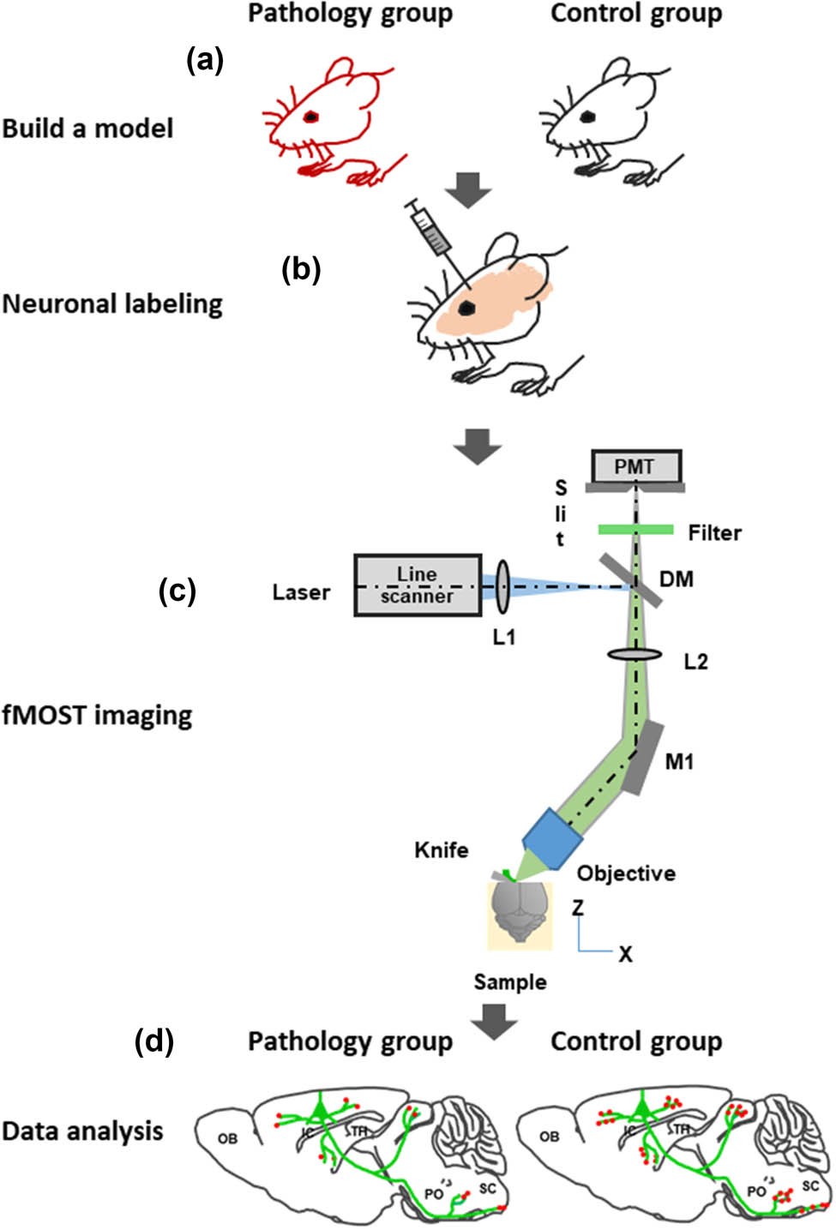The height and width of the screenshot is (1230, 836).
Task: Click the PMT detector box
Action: (x=635, y=467)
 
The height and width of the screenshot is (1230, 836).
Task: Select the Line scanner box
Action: (x=418, y=585)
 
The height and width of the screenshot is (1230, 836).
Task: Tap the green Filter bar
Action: (x=635, y=531)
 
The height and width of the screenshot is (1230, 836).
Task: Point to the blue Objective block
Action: (x=550, y=838)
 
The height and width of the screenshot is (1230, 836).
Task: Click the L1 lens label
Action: (x=504, y=637)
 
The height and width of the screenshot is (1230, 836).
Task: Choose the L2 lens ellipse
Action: (x=635, y=655)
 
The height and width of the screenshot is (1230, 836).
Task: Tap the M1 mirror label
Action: (x=680, y=761)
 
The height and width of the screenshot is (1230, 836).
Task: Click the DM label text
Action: (x=677, y=579)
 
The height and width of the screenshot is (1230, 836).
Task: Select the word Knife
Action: (x=442, y=850)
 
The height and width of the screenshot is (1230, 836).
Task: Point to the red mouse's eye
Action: (x=310, y=116)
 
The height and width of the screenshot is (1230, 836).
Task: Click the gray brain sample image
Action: (x=520, y=914)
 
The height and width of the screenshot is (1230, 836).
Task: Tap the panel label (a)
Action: (x=205, y=60)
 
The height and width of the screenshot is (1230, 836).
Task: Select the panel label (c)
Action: (x=177, y=591)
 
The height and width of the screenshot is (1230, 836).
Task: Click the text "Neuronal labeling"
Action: (x=112, y=304)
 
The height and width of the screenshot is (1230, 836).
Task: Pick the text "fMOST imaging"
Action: (x=97, y=715)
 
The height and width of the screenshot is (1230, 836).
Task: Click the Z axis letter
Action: (x=579, y=907)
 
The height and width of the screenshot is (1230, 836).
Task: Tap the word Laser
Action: (x=301, y=592)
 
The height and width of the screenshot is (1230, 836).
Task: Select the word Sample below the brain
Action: (x=510, y=982)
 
